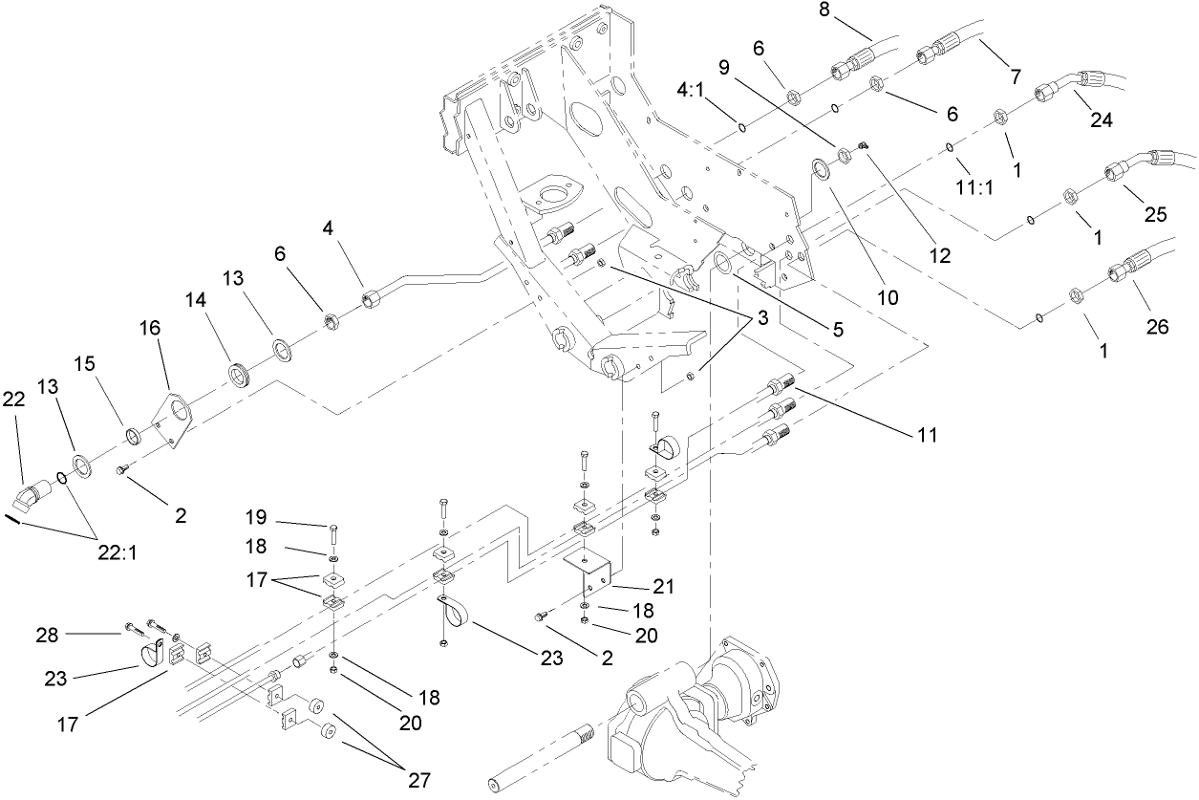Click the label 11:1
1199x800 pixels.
974,186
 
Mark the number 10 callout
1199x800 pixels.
888,297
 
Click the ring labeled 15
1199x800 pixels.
136,438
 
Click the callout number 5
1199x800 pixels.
837,330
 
